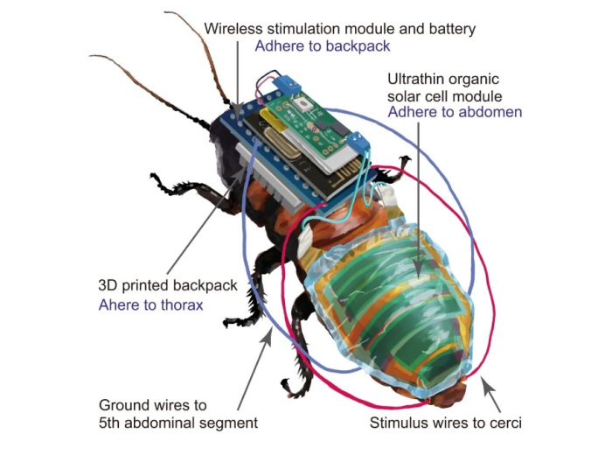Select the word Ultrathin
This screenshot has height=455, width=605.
[418, 78]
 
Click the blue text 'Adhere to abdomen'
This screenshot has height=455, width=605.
[455, 112]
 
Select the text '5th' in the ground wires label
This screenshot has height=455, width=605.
[112, 423]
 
